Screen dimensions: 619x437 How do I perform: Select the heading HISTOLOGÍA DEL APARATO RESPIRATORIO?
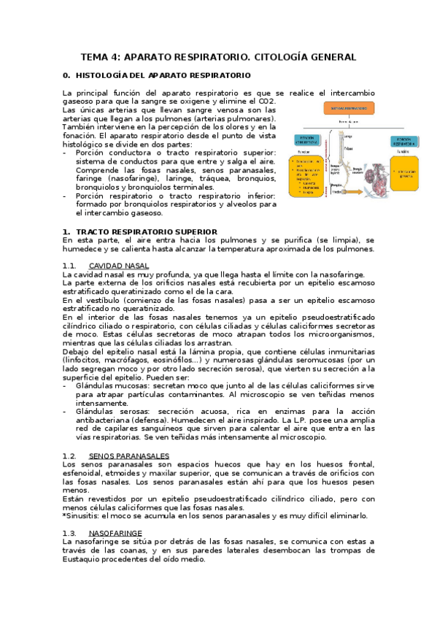click(x=163, y=75)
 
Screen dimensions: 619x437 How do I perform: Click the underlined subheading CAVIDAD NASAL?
click(x=118, y=266)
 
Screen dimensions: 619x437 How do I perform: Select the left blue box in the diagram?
click(x=306, y=141)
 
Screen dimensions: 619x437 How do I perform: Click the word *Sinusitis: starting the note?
click(x=82, y=515)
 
